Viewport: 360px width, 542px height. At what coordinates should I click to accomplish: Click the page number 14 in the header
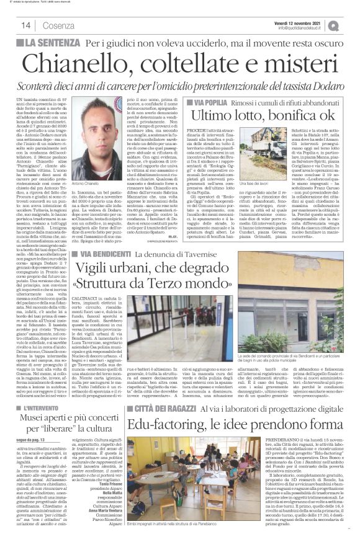tap(26, 25)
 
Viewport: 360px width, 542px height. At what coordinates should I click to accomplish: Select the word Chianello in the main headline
tap(91, 63)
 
